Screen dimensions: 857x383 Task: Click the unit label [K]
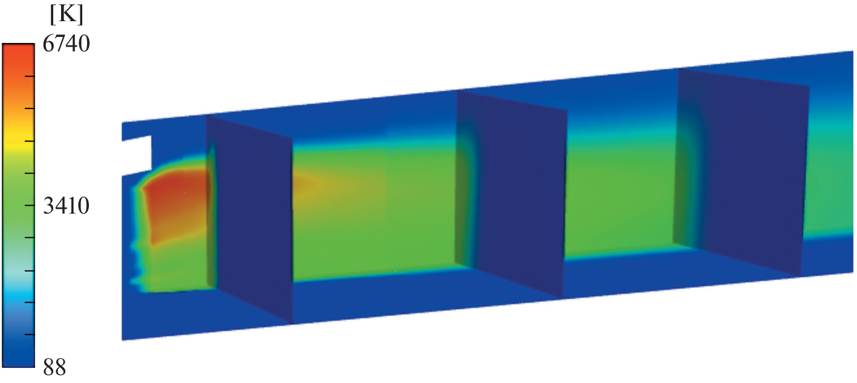(67, 16)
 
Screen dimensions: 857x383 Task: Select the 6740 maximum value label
(66, 44)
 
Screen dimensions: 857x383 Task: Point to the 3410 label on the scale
(66, 206)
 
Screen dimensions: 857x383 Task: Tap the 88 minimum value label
(54, 367)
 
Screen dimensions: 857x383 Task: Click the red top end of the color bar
(18, 54)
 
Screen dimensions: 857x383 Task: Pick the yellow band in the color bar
(18, 142)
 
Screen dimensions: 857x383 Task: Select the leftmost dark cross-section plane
(250, 220)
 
